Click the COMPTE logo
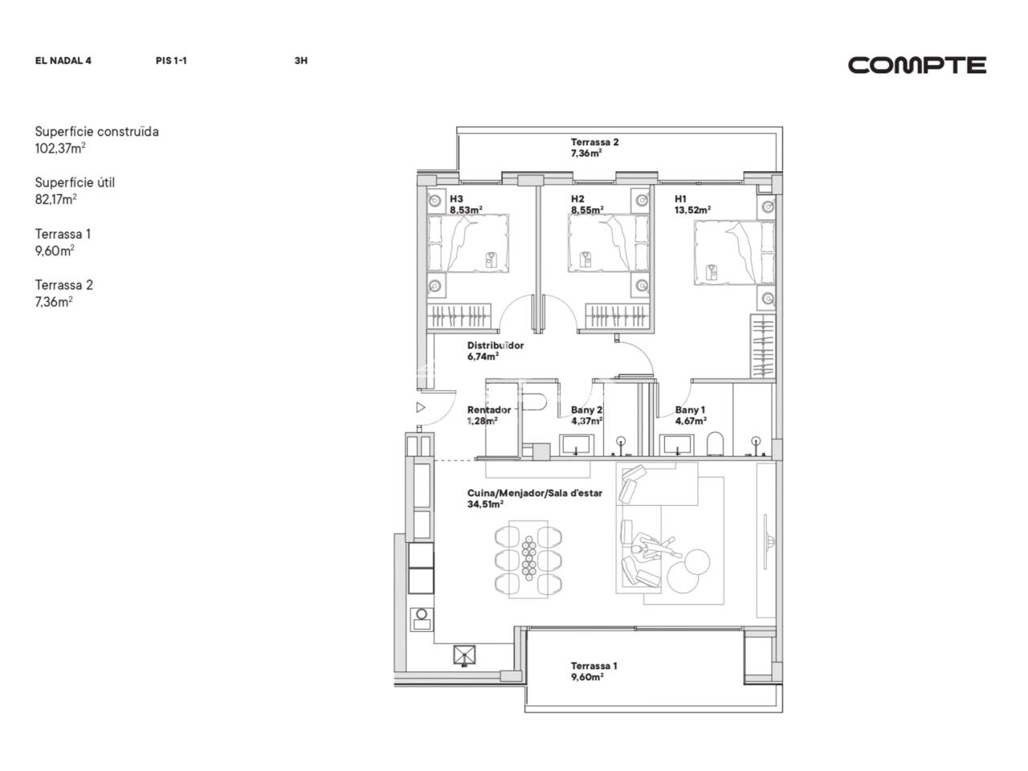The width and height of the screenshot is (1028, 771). coord(916,65)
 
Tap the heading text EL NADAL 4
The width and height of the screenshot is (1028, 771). coord(63,61)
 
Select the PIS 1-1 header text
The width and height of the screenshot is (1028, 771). coord(171,61)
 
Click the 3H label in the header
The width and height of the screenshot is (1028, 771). coord(300,61)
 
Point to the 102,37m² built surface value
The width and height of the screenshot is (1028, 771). coord(60,149)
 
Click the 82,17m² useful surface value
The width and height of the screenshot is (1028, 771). coord(55,199)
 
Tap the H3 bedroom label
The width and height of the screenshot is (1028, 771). coord(456,199)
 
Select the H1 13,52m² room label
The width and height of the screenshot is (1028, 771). coord(692,205)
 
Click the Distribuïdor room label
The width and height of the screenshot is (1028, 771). coord(496,345)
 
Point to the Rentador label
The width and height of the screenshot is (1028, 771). coord(489,410)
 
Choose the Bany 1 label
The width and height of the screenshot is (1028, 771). coord(690,410)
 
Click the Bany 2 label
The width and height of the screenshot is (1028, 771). coord(586,410)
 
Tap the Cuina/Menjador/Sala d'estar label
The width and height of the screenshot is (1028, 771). coord(535,493)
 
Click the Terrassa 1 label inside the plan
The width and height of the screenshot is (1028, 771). coord(594,666)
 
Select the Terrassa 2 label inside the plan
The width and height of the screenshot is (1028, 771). coord(595,142)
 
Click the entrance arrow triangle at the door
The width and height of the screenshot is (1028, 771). coord(421,408)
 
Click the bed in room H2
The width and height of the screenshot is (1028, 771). coord(609,243)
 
